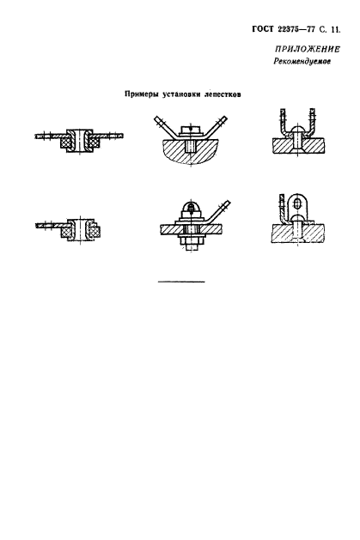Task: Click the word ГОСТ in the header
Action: (x=263, y=29)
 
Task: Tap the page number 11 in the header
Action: (x=334, y=30)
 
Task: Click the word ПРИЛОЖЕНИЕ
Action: (x=308, y=49)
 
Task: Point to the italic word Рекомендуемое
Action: (x=302, y=62)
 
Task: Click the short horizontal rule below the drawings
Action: (x=181, y=282)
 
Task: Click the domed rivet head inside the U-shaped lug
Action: (x=297, y=130)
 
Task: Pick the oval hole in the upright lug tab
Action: (x=297, y=205)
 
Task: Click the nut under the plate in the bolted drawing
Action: (x=192, y=239)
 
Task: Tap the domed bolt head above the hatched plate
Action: (x=192, y=207)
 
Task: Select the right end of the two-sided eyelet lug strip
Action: (x=123, y=136)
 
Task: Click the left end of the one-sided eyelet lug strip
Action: (x=37, y=225)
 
